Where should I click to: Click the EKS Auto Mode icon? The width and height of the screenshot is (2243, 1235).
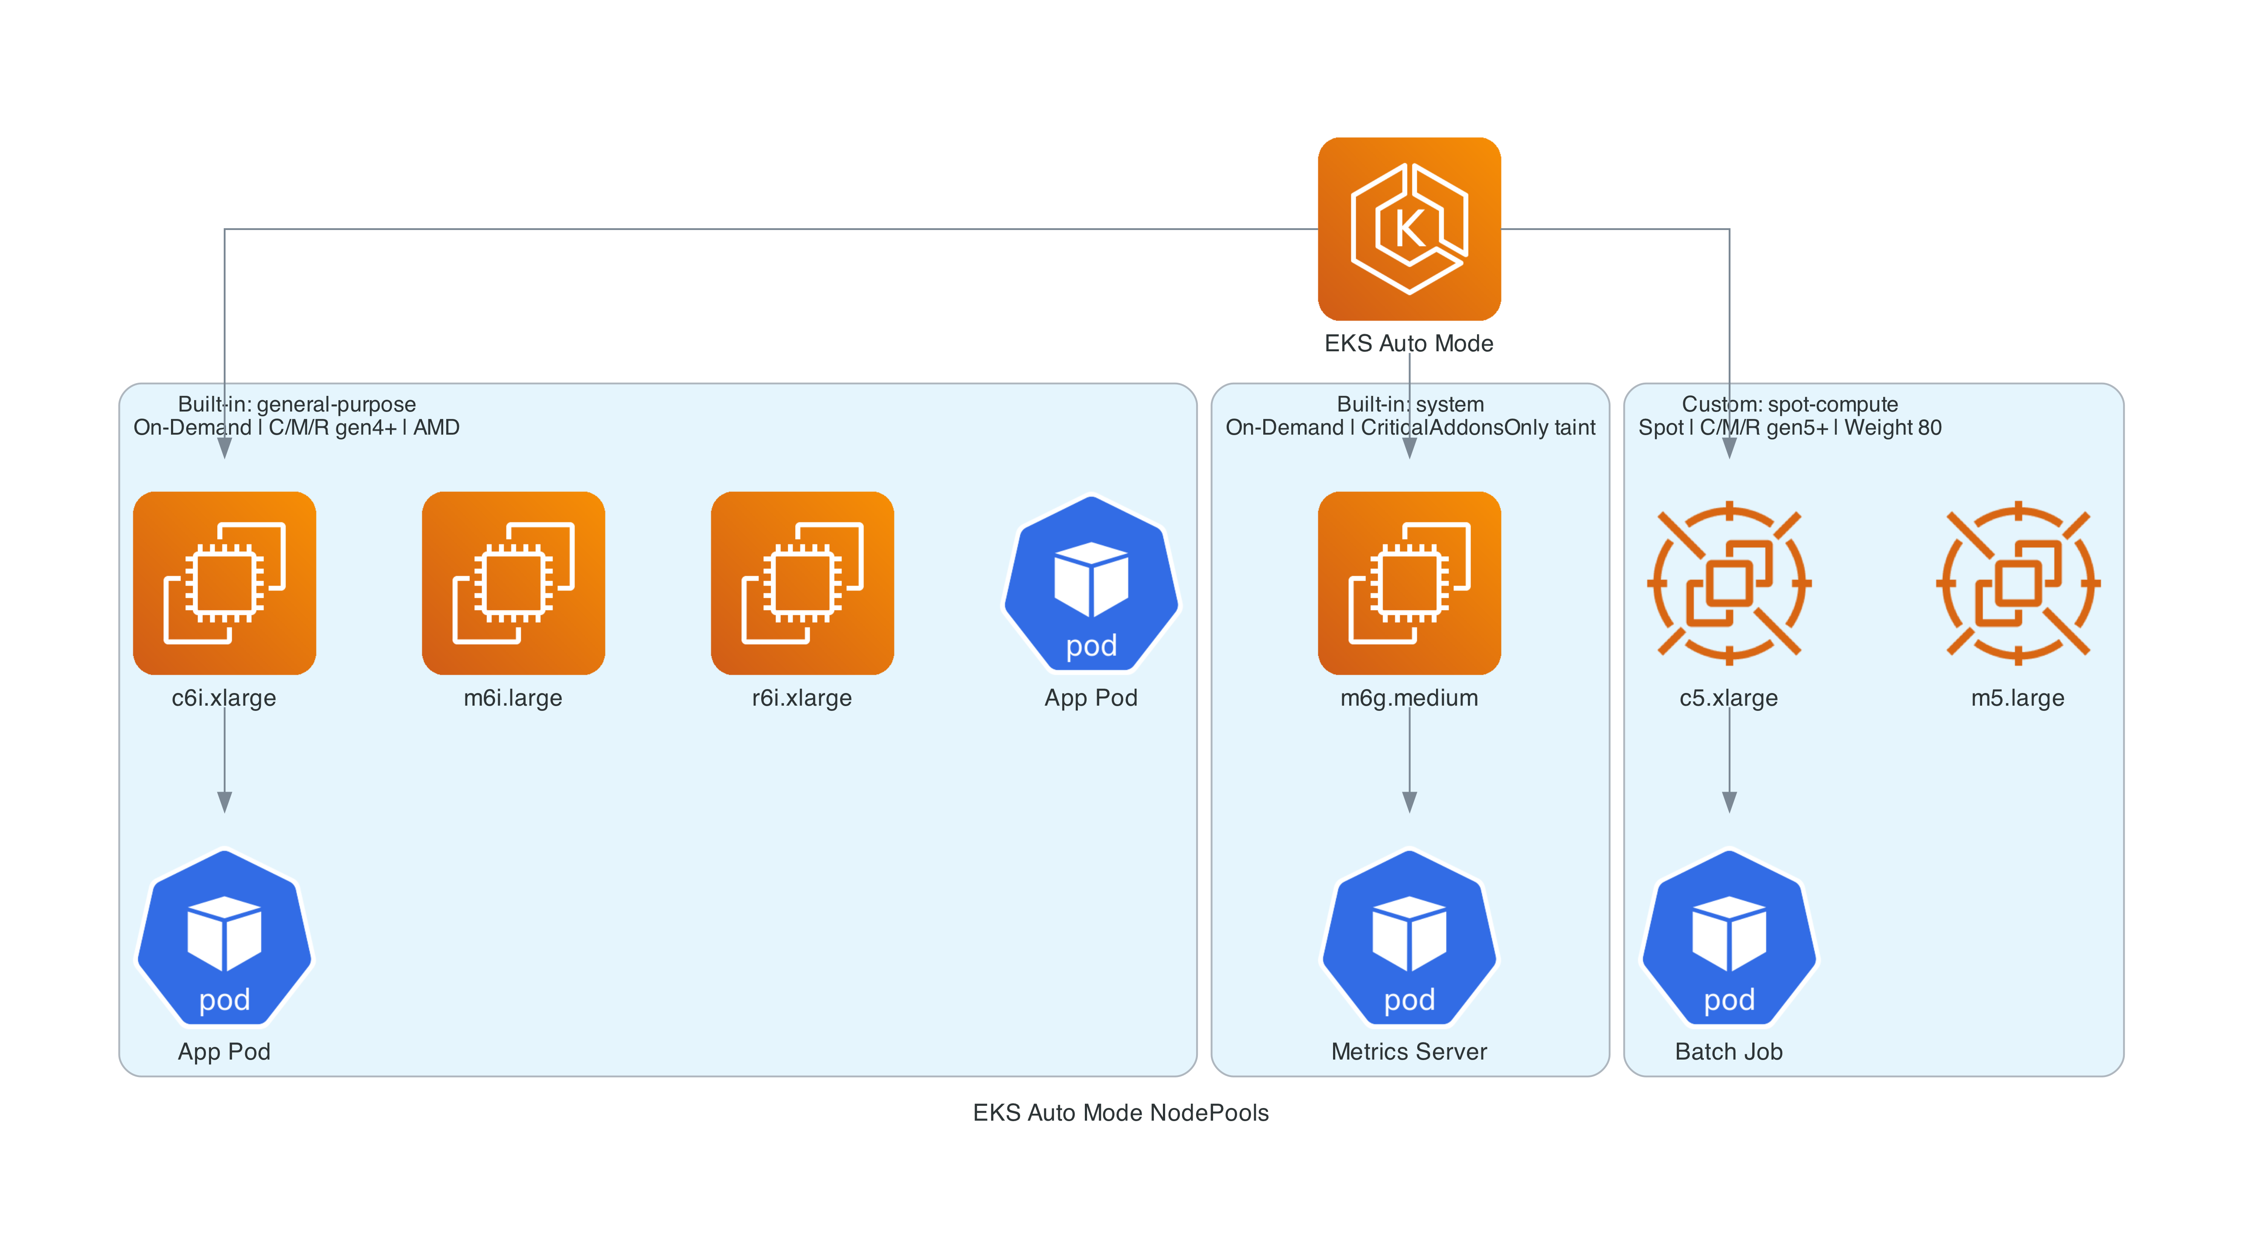pyautogui.click(x=1409, y=229)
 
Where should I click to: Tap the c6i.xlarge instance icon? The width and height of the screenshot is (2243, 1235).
pyautogui.click(x=225, y=583)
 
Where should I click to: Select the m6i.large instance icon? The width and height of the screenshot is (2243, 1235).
pyautogui.click(x=513, y=583)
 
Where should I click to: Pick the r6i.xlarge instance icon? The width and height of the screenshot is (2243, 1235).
pyautogui.click(x=802, y=583)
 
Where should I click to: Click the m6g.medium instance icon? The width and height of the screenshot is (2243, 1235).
pyautogui.click(x=1409, y=583)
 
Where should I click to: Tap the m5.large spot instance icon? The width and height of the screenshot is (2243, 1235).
pyautogui.click(x=2017, y=583)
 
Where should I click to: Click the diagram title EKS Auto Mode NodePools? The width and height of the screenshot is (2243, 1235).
pyautogui.click(x=1121, y=1112)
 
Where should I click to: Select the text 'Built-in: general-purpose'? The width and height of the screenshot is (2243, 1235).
pyautogui.click(x=297, y=404)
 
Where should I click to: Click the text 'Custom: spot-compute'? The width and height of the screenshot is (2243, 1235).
pyautogui.click(x=1789, y=404)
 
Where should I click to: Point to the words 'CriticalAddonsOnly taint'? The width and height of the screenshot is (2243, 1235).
pyautogui.click(x=1477, y=428)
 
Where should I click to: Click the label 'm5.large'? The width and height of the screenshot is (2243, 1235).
pyautogui.click(x=2017, y=698)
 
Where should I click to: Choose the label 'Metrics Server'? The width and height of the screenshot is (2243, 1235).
pyautogui.click(x=1409, y=1051)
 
